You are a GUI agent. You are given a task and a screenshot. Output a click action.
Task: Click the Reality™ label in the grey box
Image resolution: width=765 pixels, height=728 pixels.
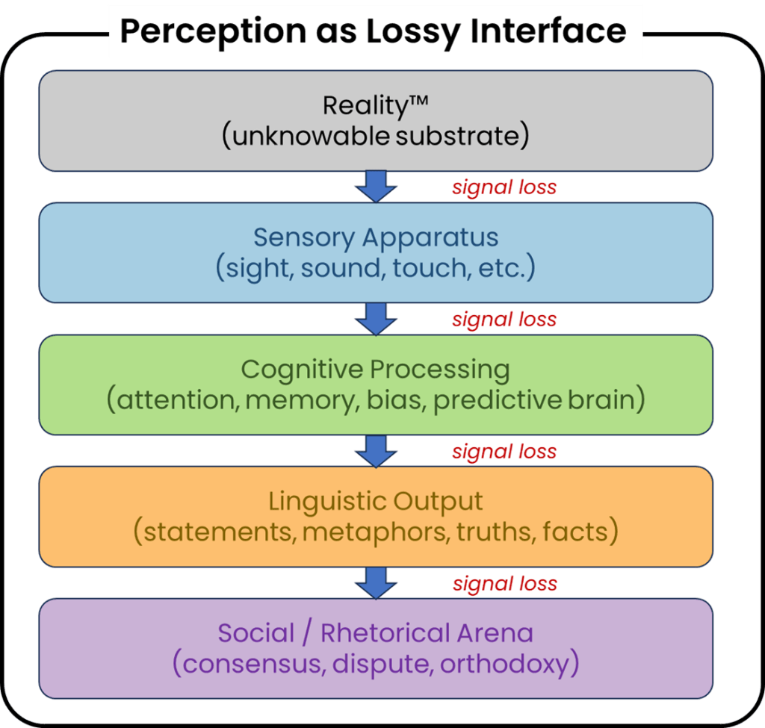click(376, 105)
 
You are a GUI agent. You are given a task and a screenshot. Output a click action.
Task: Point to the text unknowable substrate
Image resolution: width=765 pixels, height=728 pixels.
click(376, 137)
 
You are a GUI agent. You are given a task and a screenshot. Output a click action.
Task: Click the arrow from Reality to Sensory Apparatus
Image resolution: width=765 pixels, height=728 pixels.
click(376, 186)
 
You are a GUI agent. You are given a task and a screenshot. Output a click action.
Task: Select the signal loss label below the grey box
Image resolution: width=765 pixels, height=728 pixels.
click(504, 187)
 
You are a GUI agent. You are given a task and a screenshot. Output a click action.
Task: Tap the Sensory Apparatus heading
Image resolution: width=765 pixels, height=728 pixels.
click(376, 237)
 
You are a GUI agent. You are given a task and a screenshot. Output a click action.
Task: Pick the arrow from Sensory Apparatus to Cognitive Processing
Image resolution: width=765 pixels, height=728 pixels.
click(376, 319)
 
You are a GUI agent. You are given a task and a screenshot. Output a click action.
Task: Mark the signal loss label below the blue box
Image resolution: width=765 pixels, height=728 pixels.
click(504, 320)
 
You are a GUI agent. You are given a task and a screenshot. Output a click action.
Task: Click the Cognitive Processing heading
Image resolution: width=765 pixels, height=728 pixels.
click(376, 369)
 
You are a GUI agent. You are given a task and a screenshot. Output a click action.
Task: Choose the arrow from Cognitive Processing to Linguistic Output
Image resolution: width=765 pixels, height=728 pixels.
click(376, 450)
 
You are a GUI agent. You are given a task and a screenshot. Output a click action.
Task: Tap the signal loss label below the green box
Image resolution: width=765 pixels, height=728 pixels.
click(504, 452)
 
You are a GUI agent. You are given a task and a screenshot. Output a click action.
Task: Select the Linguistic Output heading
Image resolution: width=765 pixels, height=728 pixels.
click(376, 501)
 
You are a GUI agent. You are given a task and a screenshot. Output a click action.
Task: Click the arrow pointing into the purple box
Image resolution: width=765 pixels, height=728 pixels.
click(376, 582)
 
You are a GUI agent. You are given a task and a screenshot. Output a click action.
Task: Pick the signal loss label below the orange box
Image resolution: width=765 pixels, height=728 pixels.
click(504, 583)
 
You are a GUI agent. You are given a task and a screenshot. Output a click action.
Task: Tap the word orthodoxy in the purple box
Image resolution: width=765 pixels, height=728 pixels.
click(505, 664)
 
